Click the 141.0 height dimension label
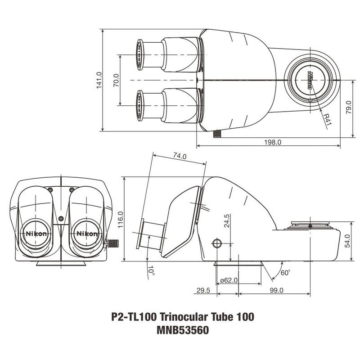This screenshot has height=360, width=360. click(99, 81)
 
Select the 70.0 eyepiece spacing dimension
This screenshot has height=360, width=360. click(116, 81)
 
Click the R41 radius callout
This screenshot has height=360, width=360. click(327, 121)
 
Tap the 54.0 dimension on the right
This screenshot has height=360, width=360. click(347, 242)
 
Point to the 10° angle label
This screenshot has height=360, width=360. click(151, 271)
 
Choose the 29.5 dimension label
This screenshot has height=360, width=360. click(203, 291)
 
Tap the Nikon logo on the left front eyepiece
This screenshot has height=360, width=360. click(35, 234)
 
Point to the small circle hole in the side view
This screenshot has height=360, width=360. click(217, 243)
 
